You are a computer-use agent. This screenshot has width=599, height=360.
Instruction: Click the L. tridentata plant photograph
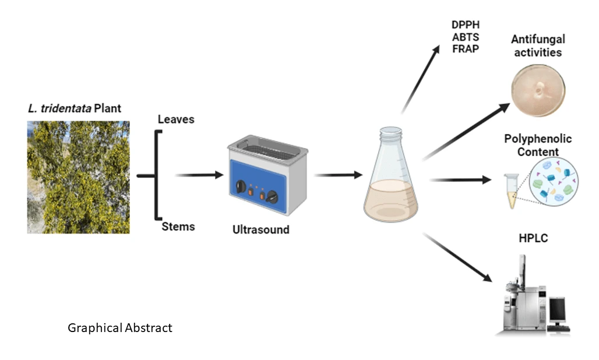[78, 177]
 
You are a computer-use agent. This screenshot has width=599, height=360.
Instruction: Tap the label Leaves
[175, 119]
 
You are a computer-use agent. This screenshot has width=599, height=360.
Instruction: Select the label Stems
[178, 226]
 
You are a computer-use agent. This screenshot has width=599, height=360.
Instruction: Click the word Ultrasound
[260, 230]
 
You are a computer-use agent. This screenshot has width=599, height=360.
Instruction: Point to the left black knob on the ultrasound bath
[239, 186]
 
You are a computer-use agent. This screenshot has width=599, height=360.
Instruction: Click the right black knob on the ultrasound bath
[272, 196]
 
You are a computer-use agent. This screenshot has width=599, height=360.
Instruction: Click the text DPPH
[466, 25]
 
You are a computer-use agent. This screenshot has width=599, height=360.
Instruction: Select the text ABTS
[466, 37]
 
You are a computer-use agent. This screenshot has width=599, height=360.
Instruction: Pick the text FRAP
[466, 48]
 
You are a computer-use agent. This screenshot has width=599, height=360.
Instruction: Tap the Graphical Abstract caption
[120, 328]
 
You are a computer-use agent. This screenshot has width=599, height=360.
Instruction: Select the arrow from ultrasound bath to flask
[337, 174]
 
